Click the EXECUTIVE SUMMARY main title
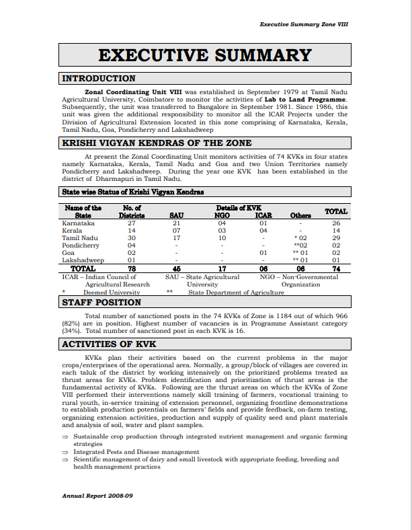tap(204, 55)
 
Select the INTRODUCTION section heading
tap(99, 79)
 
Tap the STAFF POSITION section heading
tap(101, 303)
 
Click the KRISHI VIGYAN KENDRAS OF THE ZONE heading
tap(157, 143)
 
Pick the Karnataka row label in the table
tap(79, 223)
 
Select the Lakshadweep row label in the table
tap(83, 260)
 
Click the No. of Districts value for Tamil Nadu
tap(132, 237)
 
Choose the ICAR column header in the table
tap(263, 215)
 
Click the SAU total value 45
tap(177, 268)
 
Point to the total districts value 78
tap(132, 268)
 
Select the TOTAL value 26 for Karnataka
tap(336, 223)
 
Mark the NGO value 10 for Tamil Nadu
tap(222, 237)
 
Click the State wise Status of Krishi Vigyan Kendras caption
tap(133, 192)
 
